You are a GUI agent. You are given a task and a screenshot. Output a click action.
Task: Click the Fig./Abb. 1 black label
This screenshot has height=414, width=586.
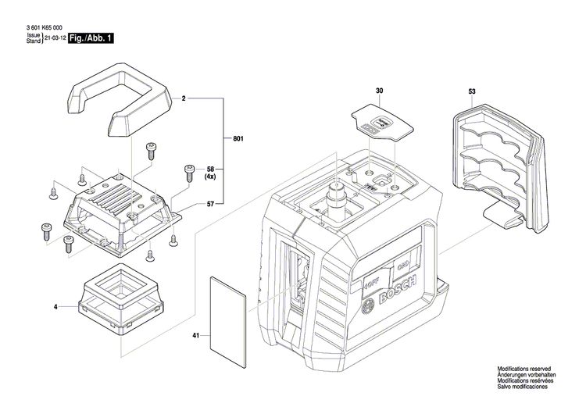coord(90,37)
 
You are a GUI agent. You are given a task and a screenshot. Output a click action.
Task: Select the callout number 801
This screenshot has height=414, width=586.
coord(238,139)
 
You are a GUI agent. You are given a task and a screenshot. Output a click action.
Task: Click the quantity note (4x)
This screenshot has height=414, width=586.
coord(209,177)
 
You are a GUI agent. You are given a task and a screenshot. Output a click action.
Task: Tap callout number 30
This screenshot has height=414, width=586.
coord(379,92)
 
